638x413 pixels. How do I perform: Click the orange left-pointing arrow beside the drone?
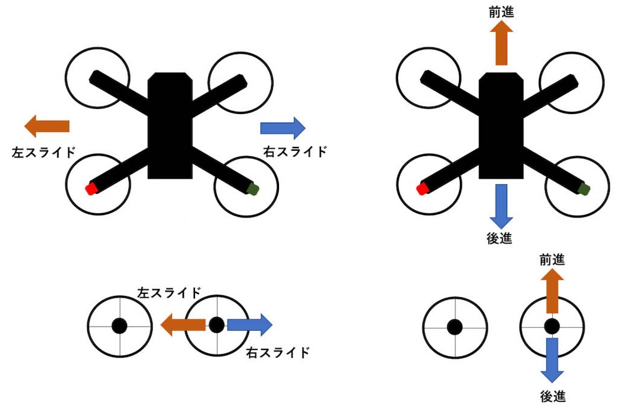pos(47,126)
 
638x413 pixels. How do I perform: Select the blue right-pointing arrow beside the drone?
pos(283,128)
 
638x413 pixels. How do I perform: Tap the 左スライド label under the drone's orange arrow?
pos(44,153)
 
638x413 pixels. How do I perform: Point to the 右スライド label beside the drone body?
pos(295,152)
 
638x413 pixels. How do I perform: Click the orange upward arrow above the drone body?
pos(502,43)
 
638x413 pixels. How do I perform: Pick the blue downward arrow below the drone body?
pos(502,206)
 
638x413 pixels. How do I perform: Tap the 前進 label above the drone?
pos(502,12)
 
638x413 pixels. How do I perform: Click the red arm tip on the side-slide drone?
pos(91,188)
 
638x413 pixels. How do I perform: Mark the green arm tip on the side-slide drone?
pos(253,188)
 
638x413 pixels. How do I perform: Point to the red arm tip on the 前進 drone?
pos(423,188)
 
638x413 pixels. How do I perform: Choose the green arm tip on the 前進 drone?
pos(584,188)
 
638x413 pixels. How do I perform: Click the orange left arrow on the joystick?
pos(183,325)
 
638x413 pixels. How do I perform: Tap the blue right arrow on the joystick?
pos(250,325)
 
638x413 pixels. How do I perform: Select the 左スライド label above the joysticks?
pos(169,293)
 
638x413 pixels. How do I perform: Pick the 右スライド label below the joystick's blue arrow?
pos(278,353)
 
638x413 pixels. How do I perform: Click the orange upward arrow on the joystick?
pos(552,291)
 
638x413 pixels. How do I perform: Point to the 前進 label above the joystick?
pos(552,260)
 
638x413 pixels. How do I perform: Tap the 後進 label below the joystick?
pos(553,396)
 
